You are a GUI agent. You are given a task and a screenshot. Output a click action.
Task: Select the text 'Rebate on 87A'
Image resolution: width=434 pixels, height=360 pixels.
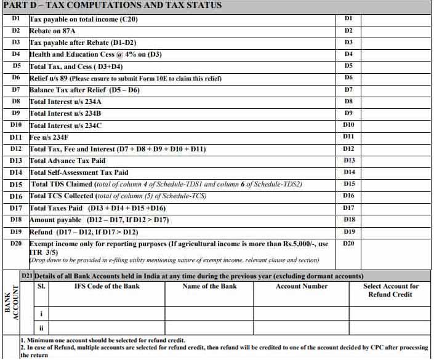(x=52, y=30)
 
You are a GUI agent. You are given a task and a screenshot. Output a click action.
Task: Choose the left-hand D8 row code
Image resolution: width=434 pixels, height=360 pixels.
(x=17, y=101)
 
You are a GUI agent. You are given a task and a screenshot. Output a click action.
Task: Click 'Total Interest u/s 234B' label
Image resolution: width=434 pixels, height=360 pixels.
(x=65, y=113)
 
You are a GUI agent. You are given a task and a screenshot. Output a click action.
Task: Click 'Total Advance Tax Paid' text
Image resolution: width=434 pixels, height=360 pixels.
(x=67, y=161)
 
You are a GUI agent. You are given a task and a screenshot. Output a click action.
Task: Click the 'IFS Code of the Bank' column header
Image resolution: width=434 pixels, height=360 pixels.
(x=106, y=286)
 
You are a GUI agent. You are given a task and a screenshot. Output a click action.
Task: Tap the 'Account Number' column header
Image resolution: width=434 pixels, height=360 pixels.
(x=302, y=286)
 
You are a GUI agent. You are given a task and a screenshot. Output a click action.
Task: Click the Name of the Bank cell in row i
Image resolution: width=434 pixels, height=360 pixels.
(x=210, y=313)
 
